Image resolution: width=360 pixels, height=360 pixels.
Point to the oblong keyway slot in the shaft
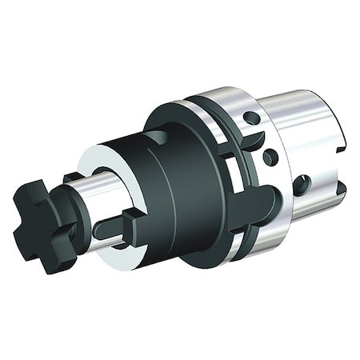112,227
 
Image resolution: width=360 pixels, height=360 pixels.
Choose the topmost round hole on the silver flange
253,118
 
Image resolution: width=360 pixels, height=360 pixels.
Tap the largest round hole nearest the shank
302,185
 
